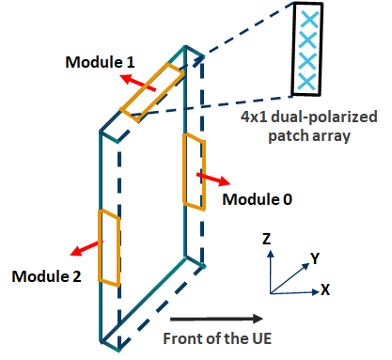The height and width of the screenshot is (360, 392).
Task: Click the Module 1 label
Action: coord(99,61)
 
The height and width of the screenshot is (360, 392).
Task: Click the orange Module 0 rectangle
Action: coord(192,171)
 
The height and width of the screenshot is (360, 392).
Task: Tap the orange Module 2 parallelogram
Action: coord(109,247)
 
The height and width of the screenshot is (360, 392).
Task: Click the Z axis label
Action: coord(267,240)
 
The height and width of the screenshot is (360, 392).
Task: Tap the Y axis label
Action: coord(316,257)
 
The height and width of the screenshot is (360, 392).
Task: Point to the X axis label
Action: coord(325,290)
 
